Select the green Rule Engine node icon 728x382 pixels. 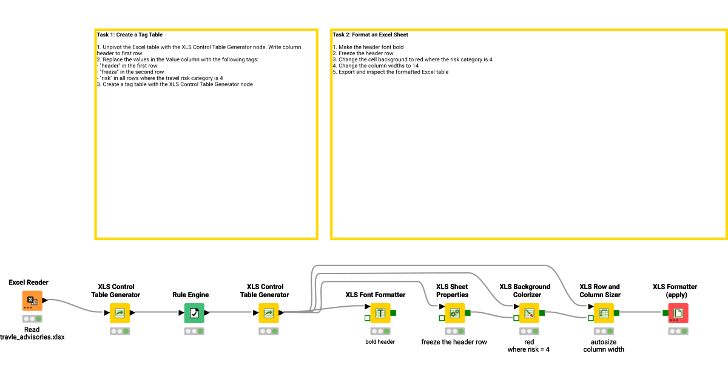pos(194,313)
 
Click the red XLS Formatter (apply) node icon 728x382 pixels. pos(678,313)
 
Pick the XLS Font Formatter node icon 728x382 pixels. pos(380,313)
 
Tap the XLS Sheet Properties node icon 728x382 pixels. pos(454,313)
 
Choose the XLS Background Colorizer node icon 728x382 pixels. pos(529,313)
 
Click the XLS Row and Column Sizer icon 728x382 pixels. pos(604,313)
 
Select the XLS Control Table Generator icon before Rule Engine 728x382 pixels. pos(120,313)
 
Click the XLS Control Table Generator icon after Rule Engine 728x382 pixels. pos(269,313)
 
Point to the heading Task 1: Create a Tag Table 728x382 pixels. pos(130,35)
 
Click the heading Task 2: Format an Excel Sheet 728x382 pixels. pos(370,35)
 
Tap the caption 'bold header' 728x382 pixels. pos(380,341)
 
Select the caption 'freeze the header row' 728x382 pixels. pos(454,342)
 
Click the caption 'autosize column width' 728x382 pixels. pos(604,346)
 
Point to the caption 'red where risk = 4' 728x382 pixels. pos(528,346)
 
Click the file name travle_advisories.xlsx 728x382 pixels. pos(32,337)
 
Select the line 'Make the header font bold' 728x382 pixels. pos(371,47)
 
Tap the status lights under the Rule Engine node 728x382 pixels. pos(194,331)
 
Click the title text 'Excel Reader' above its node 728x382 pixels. pos(29,283)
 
